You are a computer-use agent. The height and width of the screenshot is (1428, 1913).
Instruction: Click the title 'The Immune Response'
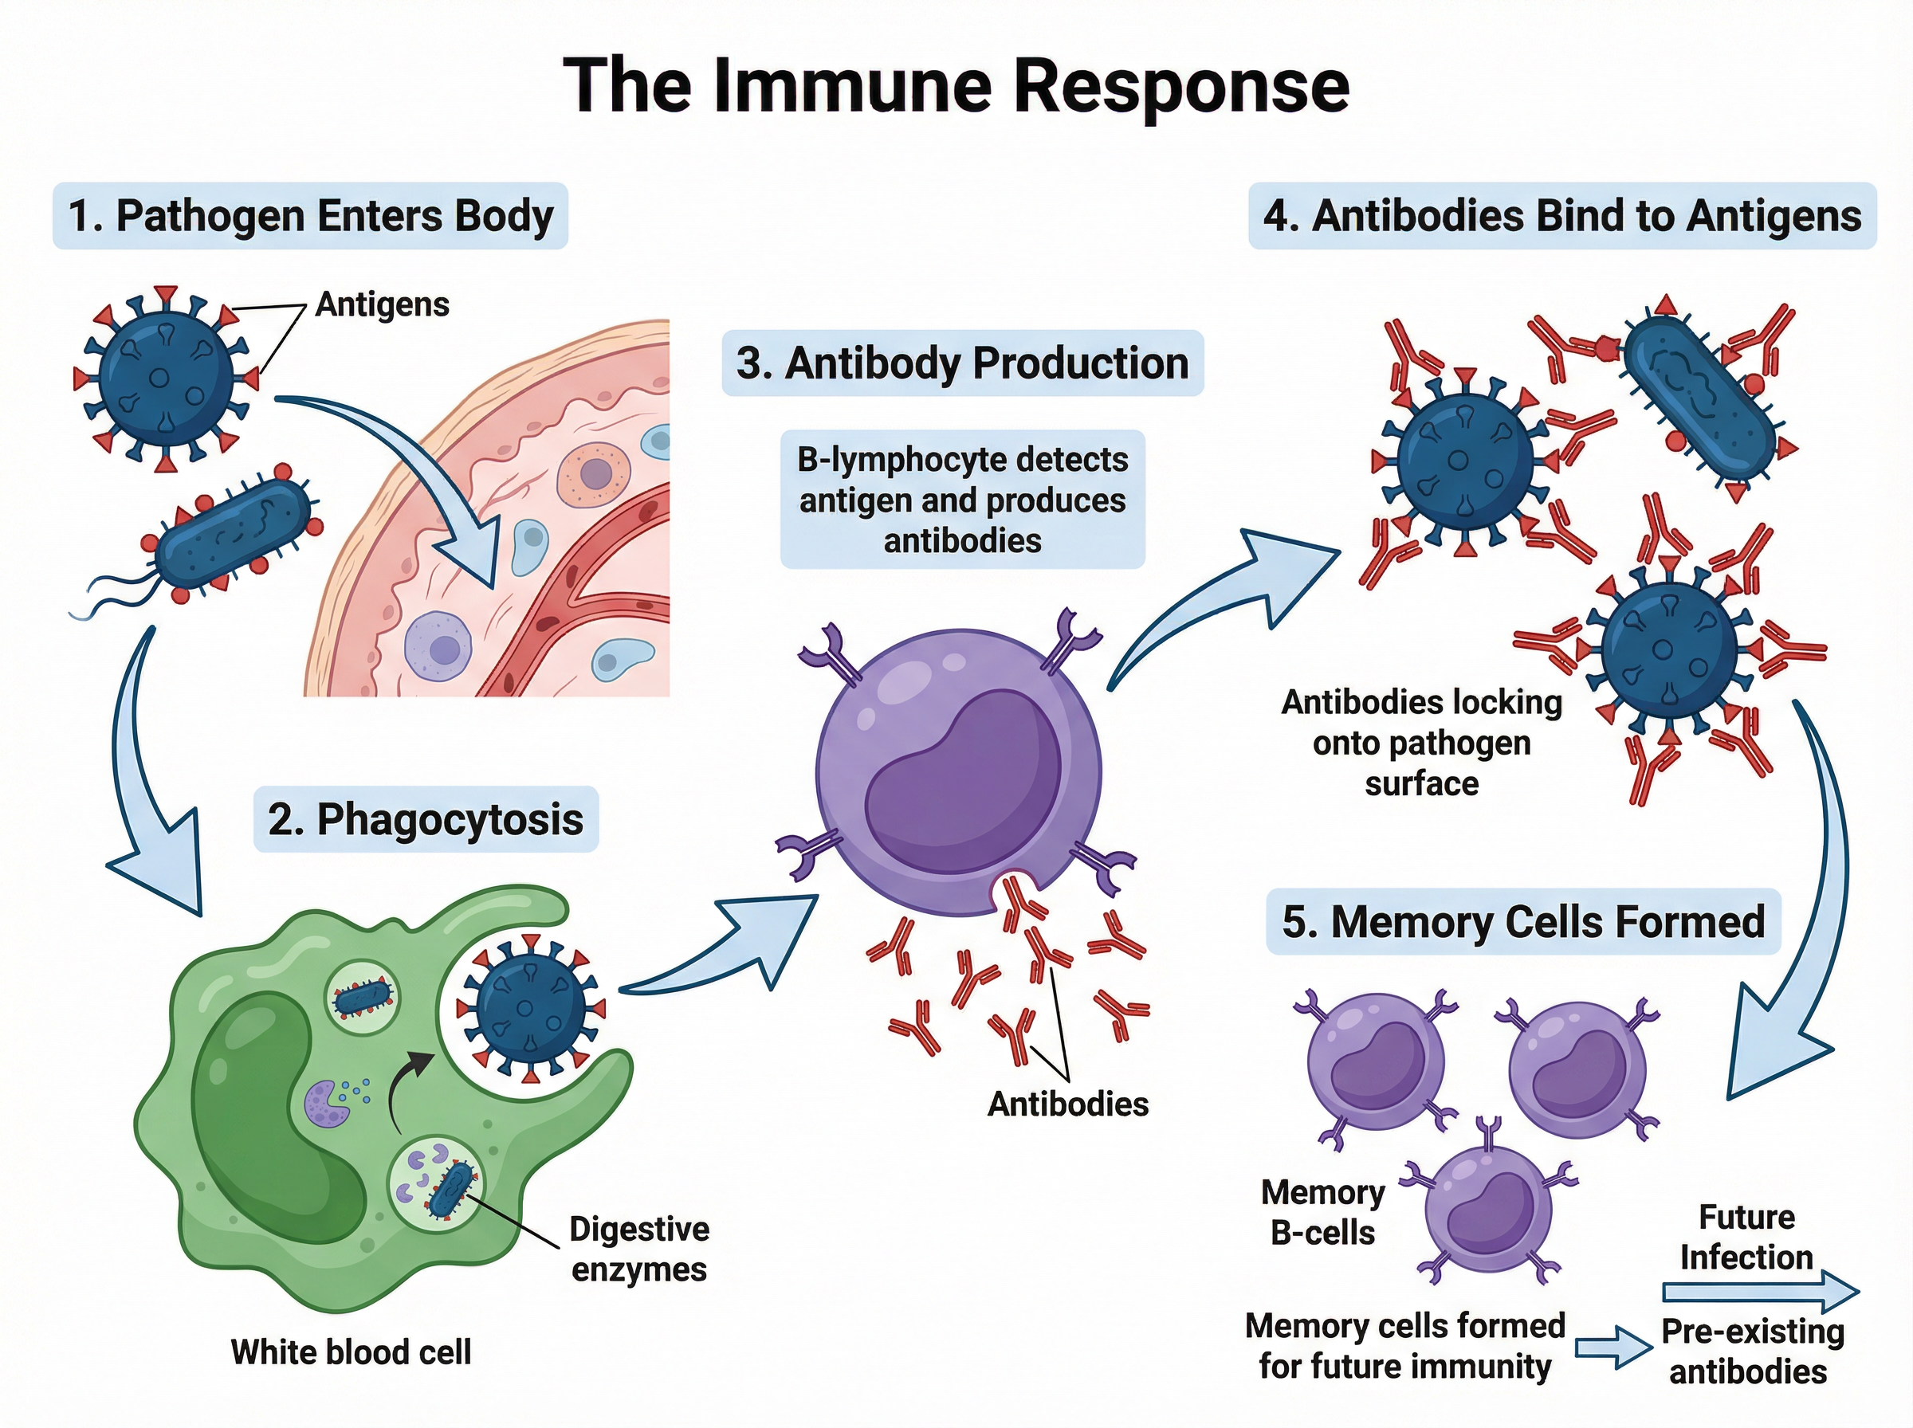click(955, 84)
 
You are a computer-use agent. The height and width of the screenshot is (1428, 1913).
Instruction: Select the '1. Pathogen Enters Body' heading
click(310, 216)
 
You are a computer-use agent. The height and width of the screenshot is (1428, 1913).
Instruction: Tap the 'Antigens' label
click(381, 304)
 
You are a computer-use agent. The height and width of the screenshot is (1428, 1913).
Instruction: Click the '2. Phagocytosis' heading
click(426, 818)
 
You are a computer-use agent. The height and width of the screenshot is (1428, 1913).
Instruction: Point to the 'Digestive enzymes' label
click(638, 1248)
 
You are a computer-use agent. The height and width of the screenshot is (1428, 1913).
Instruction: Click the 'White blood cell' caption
click(351, 1351)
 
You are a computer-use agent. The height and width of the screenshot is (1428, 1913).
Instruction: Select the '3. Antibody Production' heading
click(962, 363)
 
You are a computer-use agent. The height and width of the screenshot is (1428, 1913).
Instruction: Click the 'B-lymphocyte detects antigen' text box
click(962, 500)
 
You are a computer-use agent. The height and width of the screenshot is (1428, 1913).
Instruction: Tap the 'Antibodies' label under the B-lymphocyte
click(1067, 1104)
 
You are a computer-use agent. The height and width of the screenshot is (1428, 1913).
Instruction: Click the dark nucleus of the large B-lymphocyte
click(962, 783)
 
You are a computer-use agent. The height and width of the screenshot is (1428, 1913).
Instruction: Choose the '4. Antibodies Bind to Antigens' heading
click(1562, 216)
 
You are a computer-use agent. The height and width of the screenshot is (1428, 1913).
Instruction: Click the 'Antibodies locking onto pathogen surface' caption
click(1421, 743)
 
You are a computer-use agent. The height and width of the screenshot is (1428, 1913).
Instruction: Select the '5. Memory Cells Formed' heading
click(1522, 921)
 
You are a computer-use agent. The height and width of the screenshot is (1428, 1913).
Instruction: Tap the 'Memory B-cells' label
click(1322, 1212)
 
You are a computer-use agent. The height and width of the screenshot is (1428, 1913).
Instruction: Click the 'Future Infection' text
click(1746, 1236)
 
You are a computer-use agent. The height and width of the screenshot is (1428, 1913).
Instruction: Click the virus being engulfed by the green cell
click(530, 1007)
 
